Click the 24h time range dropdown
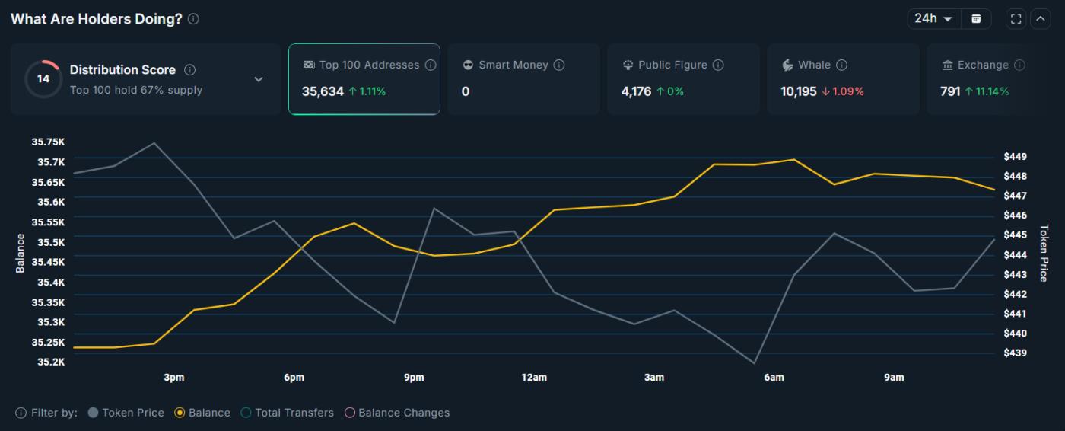[x=933, y=18]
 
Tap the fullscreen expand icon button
[x=1016, y=19]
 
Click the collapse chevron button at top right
[x=1039, y=19]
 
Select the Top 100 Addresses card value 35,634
[x=323, y=91]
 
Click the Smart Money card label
[x=513, y=65]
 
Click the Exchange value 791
[x=950, y=91]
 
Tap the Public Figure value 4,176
[x=636, y=91]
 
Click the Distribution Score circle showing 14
[x=43, y=79]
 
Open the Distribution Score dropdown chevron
[x=259, y=79]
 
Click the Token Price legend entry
[x=126, y=413]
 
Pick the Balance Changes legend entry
[x=396, y=413]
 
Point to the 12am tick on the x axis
[x=534, y=378]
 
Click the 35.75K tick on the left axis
[x=48, y=142]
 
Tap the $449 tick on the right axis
[x=1015, y=157]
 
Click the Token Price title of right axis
[x=1044, y=253]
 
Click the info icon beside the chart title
[x=193, y=19]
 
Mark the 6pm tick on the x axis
[x=294, y=378]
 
